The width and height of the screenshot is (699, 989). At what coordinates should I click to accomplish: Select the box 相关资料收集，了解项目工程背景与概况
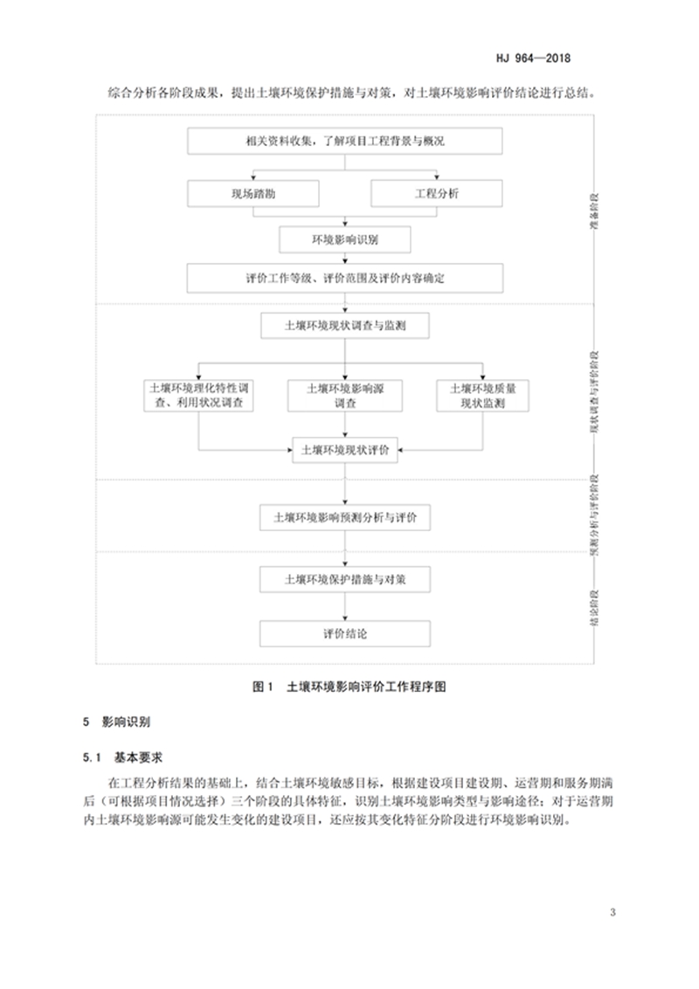click(345, 141)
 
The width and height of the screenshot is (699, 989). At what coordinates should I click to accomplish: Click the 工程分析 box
click(436, 193)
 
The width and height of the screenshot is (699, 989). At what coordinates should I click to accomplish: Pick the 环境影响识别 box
click(344, 239)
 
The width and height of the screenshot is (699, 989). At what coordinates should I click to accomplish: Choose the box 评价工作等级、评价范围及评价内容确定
click(345, 280)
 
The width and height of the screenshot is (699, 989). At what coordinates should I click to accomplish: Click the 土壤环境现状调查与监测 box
click(345, 327)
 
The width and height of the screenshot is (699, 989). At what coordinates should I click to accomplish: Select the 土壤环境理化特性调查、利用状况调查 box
click(201, 396)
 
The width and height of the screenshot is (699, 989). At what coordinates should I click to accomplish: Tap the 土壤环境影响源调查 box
click(345, 396)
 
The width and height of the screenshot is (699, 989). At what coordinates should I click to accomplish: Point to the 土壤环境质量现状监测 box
click(482, 396)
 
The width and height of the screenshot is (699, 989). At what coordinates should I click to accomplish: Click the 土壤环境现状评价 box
click(345, 451)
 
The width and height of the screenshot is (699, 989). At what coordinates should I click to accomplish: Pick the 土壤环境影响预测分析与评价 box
click(345, 517)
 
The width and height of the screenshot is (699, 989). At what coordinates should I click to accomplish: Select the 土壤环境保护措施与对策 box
click(345, 578)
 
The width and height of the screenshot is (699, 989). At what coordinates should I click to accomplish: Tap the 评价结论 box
click(345, 633)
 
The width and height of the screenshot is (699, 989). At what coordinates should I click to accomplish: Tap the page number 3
click(612, 913)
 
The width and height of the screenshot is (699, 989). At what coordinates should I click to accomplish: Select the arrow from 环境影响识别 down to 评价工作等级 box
click(345, 259)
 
